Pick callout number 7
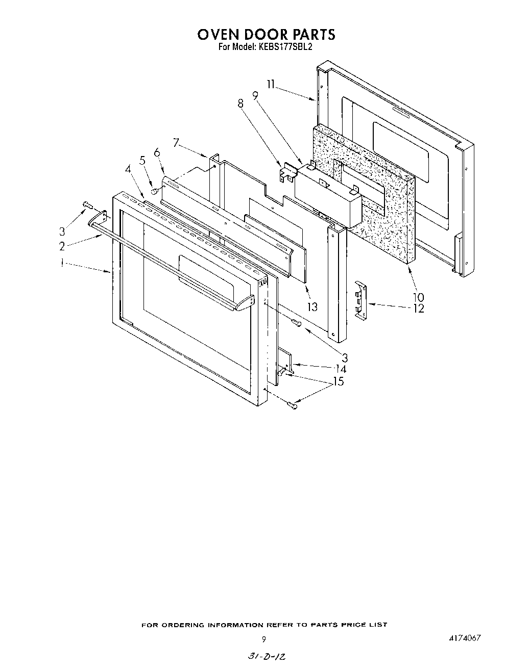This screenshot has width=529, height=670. (x=176, y=143)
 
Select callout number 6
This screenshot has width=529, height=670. (x=157, y=152)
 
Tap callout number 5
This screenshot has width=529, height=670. (x=142, y=160)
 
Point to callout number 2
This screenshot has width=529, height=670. (x=62, y=246)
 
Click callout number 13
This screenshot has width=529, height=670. (x=312, y=306)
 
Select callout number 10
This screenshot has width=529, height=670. (x=418, y=297)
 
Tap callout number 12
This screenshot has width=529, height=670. (x=419, y=308)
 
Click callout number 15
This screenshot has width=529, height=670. (x=338, y=381)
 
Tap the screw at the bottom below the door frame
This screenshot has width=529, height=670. (x=293, y=405)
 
